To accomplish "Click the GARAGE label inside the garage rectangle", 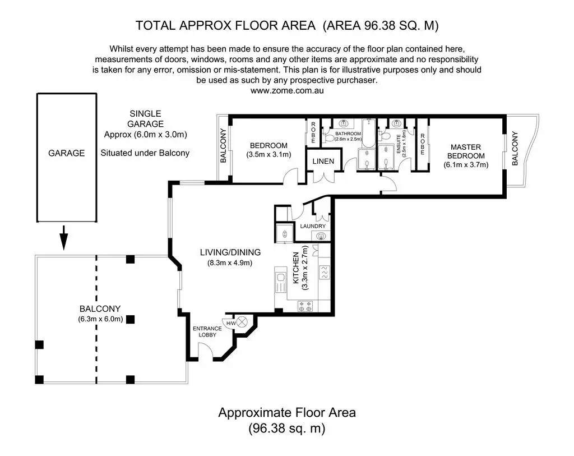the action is pos(66,153).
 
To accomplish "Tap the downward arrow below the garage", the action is pos(64,238).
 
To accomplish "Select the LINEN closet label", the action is pos(323,161).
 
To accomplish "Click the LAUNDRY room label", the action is pos(313,227).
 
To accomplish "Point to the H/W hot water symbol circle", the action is pos(242,323).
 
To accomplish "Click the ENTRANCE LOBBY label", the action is pos(207,331).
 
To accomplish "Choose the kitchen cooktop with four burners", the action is pos(305,306).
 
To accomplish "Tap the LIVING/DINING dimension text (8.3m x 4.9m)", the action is pos(230,262).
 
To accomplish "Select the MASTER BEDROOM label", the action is pos(466,151).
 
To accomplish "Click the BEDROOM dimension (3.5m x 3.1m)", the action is pos(269,155).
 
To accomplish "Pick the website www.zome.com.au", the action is pos(287,90).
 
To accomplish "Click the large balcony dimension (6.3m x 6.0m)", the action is pos(100,319).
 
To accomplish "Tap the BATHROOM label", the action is pos(348,133).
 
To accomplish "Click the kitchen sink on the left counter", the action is pos(281,282).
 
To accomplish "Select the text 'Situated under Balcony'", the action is pos(145,153).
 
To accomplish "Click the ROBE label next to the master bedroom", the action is pos(423,144).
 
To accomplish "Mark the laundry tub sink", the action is pos(321,236).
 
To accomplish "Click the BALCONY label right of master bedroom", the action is pos(515,148).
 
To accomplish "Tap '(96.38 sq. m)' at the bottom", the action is pos(287,428).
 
